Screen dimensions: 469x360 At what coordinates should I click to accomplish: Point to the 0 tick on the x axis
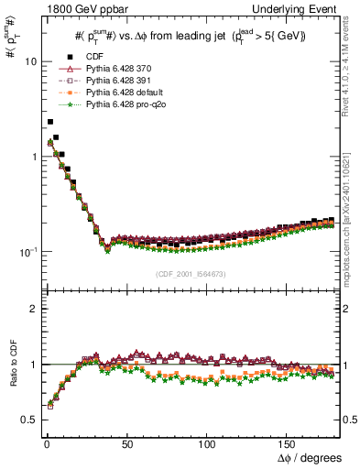click(45, 443)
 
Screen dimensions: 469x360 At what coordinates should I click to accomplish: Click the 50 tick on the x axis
click(127, 443)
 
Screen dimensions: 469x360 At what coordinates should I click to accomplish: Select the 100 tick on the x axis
click(210, 443)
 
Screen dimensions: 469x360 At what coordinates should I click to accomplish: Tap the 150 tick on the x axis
click(291, 443)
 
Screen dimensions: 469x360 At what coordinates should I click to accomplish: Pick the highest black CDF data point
click(50, 121)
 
